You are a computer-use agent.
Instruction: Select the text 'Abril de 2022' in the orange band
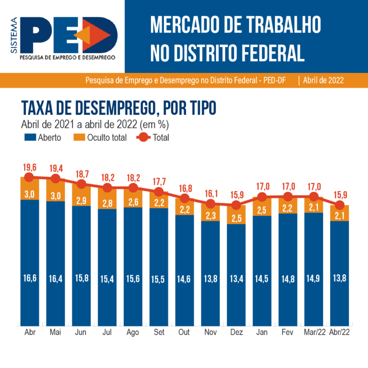click(x=323, y=80)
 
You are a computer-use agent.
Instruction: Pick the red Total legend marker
click(x=142, y=138)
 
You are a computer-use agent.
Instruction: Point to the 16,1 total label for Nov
click(x=211, y=193)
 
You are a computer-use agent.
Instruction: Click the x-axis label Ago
click(x=133, y=332)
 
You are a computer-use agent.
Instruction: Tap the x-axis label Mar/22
click(x=314, y=332)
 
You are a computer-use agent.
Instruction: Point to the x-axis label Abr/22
click(x=340, y=332)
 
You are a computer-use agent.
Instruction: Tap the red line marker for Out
click(x=185, y=198)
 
